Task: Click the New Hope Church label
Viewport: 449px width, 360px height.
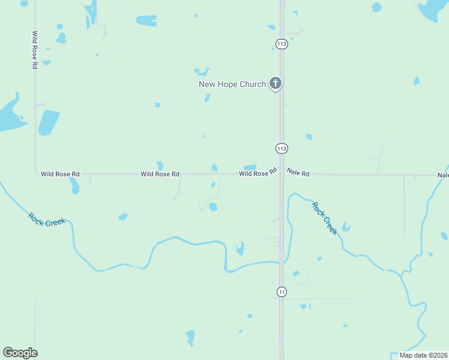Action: (232, 84)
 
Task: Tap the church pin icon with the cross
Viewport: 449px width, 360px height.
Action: (276, 83)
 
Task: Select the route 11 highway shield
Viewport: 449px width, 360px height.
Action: (282, 292)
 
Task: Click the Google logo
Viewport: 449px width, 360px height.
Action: (20, 353)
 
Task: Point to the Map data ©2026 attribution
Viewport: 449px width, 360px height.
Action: (424, 355)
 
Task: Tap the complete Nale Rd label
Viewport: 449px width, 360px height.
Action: (298, 173)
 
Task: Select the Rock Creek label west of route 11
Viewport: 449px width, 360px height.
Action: (47, 219)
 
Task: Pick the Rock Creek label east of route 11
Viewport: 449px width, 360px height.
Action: (324, 218)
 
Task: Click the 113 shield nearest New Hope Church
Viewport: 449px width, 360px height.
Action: (281, 43)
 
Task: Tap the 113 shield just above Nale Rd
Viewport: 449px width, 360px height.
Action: (282, 148)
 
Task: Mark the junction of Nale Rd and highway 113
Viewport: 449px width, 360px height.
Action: (282, 175)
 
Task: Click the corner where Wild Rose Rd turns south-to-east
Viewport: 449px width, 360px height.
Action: (35, 174)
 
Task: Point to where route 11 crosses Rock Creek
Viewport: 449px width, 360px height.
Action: (282, 262)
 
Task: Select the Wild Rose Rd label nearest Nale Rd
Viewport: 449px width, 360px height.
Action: (258, 173)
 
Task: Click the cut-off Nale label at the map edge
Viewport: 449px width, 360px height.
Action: (443, 175)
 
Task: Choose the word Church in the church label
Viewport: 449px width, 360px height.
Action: (253, 84)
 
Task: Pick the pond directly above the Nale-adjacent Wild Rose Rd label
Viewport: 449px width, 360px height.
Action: (250, 167)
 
